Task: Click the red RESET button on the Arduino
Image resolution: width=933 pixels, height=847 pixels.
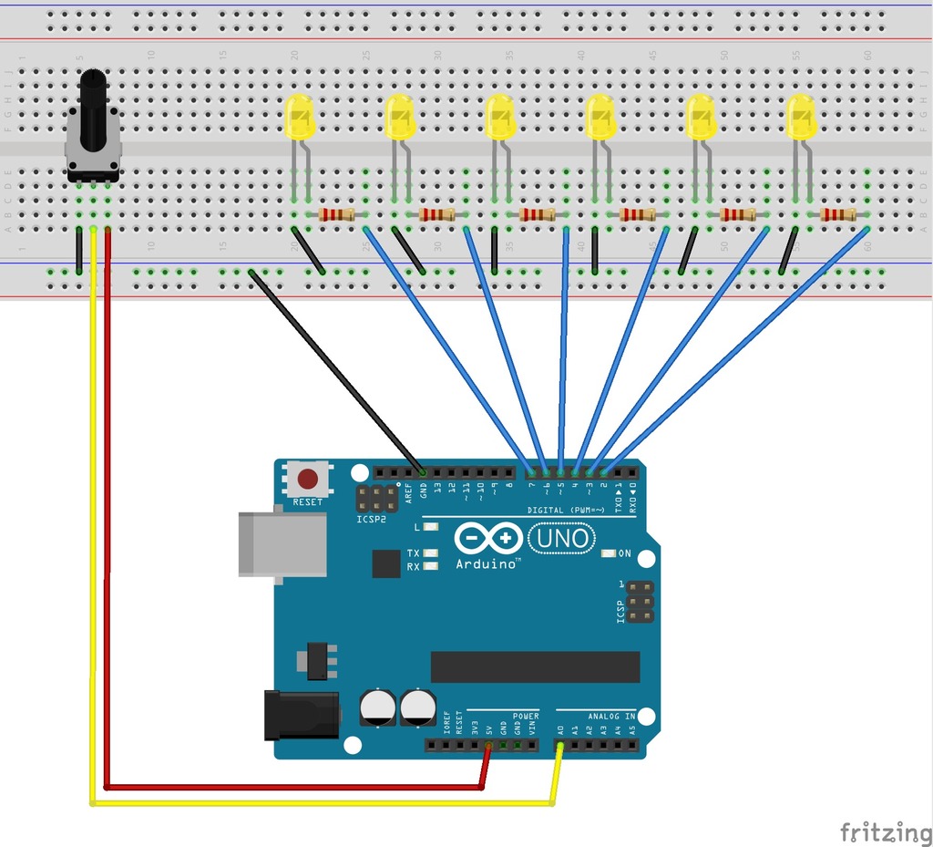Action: point(309,478)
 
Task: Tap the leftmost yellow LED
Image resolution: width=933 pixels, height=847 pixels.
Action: point(300,117)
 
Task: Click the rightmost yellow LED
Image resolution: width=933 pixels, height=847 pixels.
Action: point(801,117)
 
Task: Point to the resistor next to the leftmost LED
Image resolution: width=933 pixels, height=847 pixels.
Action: point(336,214)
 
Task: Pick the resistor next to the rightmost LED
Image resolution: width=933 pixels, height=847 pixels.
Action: point(837,214)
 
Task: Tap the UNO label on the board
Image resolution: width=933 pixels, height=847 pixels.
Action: point(562,539)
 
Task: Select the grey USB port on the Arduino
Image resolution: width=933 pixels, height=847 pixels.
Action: point(282,544)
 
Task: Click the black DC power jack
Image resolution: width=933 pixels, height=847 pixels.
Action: point(302,715)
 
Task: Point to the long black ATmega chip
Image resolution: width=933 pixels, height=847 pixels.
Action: point(535,666)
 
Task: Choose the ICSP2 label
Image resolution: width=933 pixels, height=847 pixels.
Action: point(372,520)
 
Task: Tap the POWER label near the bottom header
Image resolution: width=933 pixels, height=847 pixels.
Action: point(526,717)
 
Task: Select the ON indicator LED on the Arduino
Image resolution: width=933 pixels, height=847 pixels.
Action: point(610,553)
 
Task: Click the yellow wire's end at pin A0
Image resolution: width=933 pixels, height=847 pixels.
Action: point(560,749)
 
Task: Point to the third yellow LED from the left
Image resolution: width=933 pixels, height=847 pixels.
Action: point(500,117)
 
